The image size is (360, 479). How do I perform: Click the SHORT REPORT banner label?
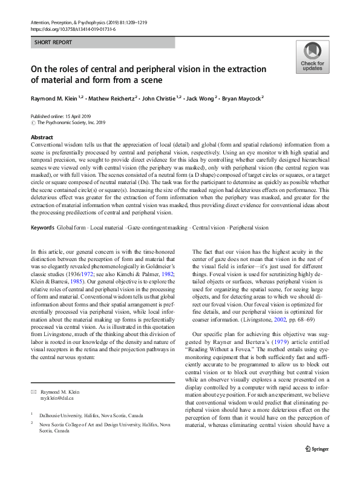tap(53, 43)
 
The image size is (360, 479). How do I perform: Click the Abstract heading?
tap(41, 137)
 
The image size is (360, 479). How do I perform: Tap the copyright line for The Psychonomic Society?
tap(70, 122)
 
